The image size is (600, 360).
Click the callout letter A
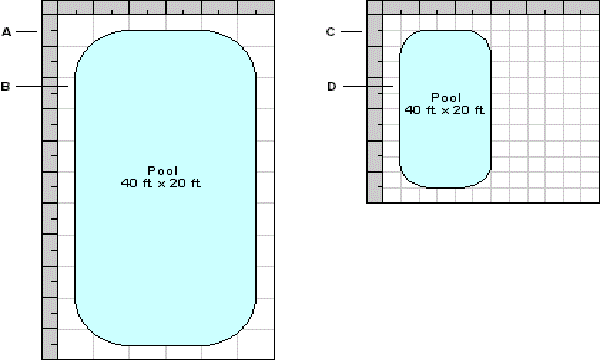[7, 32]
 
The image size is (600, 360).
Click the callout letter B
[5, 87]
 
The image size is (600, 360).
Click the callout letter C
[331, 32]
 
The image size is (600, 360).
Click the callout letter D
[332, 87]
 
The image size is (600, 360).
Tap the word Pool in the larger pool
[163, 171]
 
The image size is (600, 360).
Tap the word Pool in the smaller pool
[446, 98]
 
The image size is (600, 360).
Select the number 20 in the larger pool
[178, 183]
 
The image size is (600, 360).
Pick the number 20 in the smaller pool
[461, 110]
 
